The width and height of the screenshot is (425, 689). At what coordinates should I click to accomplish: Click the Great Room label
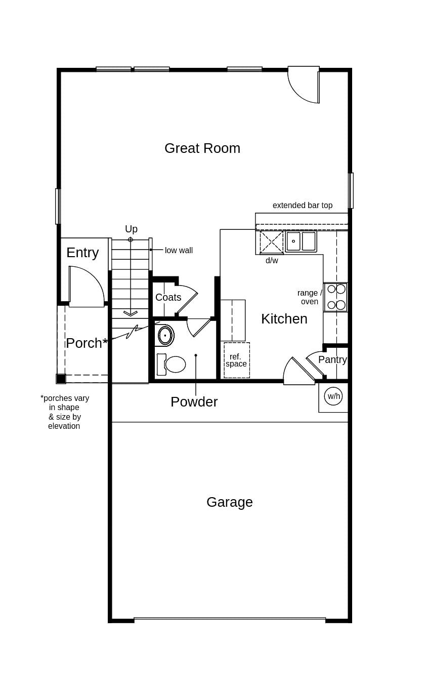tap(202, 148)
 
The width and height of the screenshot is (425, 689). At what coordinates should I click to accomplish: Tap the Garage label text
tap(229, 502)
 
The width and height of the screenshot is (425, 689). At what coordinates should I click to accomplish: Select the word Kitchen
tap(284, 319)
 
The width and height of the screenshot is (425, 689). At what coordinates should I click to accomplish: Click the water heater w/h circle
tap(333, 396)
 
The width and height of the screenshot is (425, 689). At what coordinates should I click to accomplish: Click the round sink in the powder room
tap(165, 335)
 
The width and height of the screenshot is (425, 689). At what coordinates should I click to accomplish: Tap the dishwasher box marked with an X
tap(271, 242)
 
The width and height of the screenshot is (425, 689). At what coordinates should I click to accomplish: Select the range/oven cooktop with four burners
tap(336, 297)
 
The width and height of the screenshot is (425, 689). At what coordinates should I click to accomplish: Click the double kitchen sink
tap(301, 241)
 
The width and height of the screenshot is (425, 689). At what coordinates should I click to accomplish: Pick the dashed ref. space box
tap(237, 360)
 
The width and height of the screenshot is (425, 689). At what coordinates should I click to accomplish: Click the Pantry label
tap(332, 359)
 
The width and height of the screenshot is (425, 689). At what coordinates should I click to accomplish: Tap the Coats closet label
tap(168, 297)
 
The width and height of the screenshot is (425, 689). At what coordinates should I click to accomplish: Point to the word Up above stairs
tap(131, 229)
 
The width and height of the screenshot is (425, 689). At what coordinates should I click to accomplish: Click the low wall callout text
tap(179, 250)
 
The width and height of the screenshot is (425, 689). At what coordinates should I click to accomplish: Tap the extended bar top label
tap(303, 205)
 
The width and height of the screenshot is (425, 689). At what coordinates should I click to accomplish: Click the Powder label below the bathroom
tap(194, 401)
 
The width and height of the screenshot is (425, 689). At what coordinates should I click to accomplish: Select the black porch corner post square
tap(61, 379)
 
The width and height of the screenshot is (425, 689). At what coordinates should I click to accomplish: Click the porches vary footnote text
tap(64, 412)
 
